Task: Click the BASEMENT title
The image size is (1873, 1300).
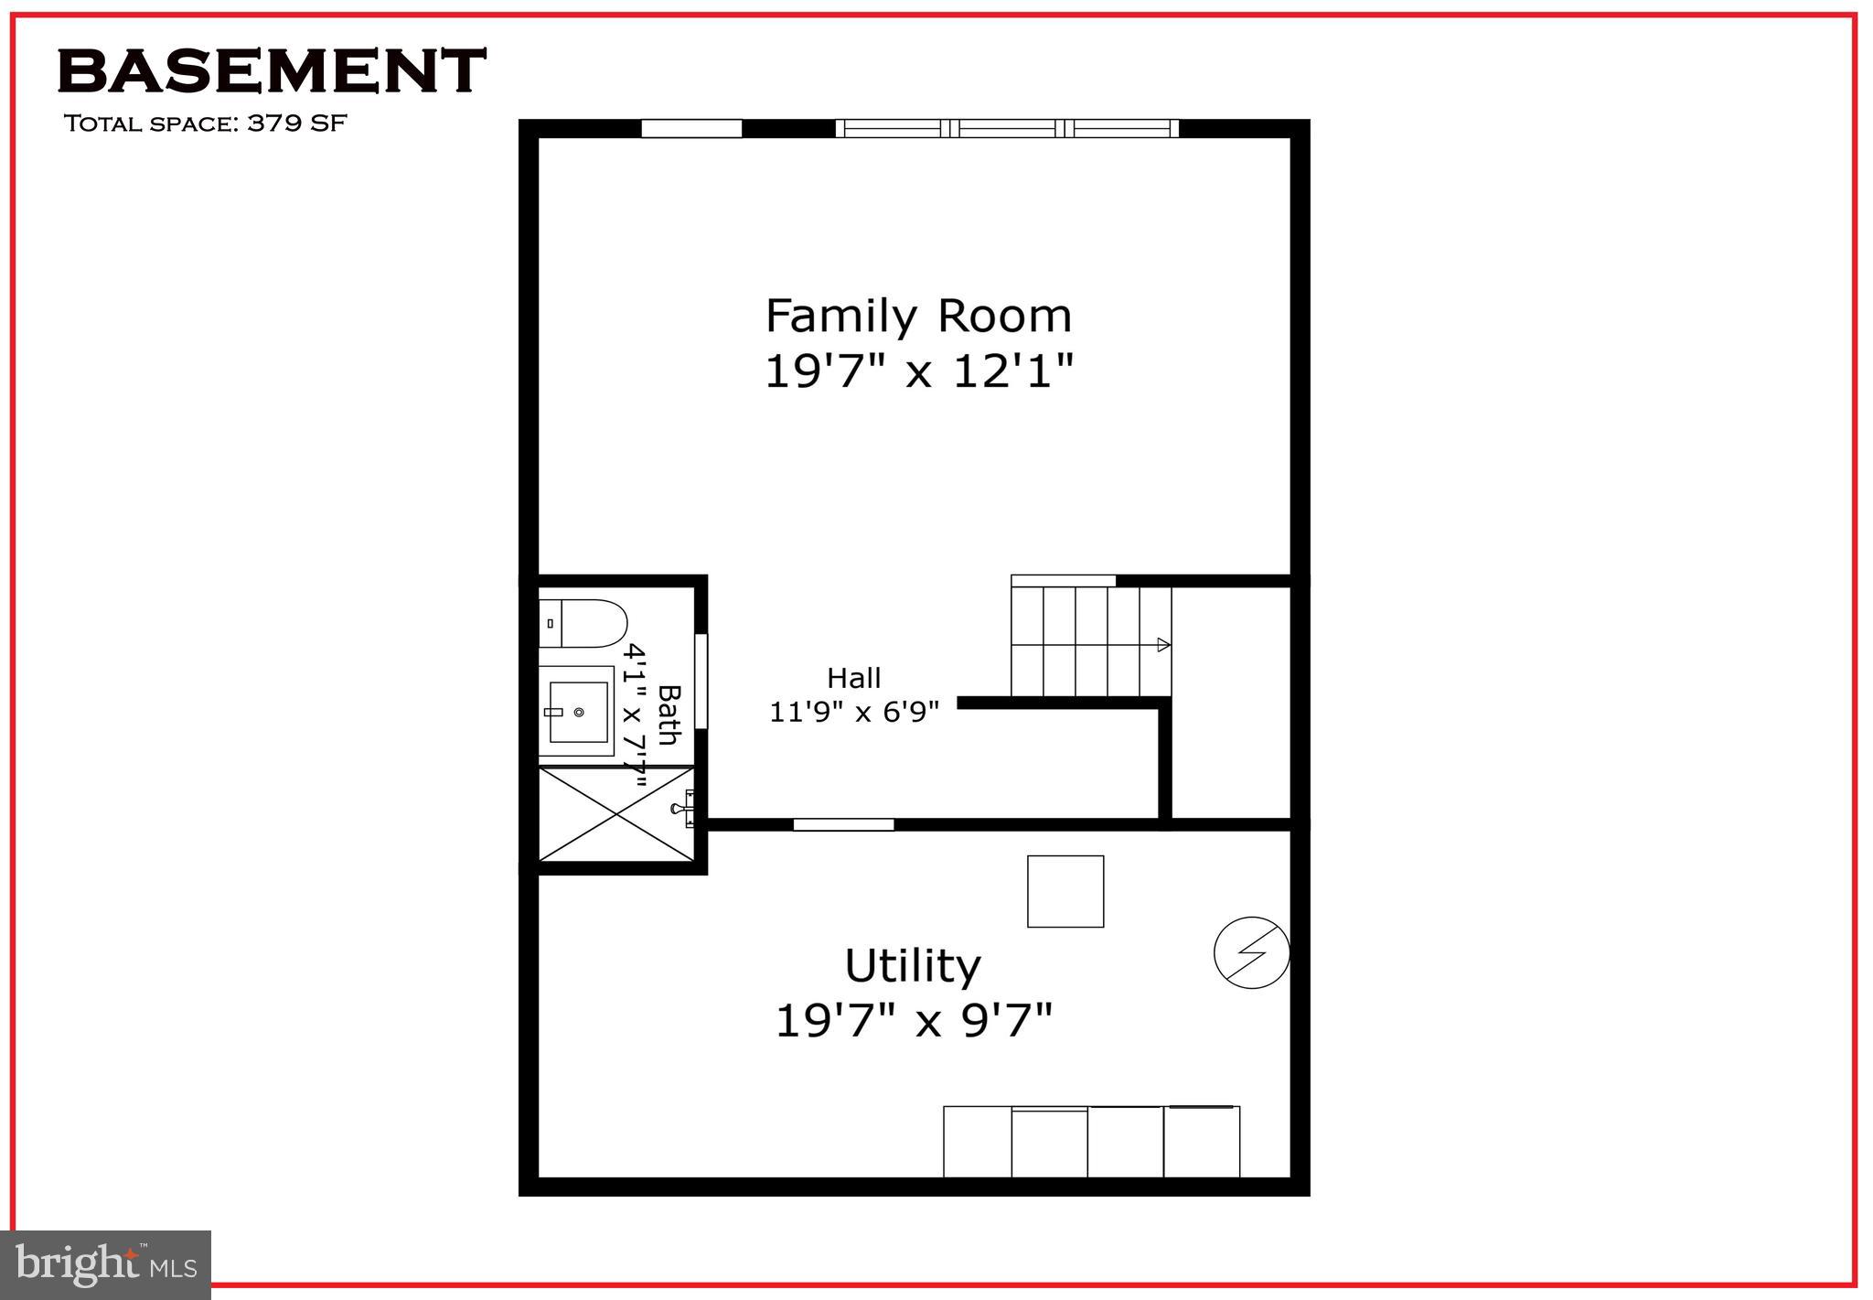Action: pyautogui.click(x=272, y=71)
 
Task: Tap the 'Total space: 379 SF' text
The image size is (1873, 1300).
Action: pyautogui.click(x=205, y=124)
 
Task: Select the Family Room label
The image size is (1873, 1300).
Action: pyautogui.click(x=918, y=316)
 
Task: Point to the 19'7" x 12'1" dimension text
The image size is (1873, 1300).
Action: pyautogui.click(x=918, y=371)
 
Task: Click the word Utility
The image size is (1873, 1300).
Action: pyautogui.click(x=913, y=965)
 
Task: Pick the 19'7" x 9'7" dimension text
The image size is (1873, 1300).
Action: pyautogui.click(x=914, y=1020)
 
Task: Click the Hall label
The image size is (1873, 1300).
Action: pyautogui.click(x=854, y=678)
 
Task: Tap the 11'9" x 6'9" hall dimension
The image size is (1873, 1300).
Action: pyautogui.click(x=854, y=711)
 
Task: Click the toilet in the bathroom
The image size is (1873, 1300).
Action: pyautogui.click(x=583, y=623)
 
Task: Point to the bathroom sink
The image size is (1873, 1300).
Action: pyautogui.click(x=576, y=711)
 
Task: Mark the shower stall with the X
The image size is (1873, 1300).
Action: pyautogui.click(x=615, y=814)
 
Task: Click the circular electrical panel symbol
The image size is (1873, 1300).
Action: pyautogui.click(x=1251, y=952)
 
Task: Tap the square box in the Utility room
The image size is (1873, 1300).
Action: pyautogui.click(x=1065, y=891)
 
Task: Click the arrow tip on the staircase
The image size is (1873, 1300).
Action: pyautogui.click(x=1164, y=644)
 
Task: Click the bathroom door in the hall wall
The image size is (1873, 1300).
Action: pyautogui.click(x=701, y=681)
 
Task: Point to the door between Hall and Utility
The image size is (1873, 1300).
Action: pyautogui.click(x=843, y=824)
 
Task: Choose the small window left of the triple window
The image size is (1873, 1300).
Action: pyautogui.click(x=691, y=129)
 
